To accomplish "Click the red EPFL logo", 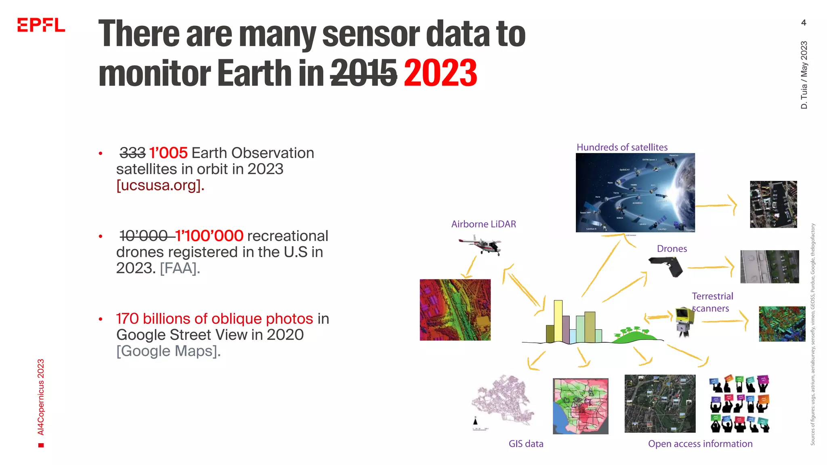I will (41, 25).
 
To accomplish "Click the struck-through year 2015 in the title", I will (363, 73).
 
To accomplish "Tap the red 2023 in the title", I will (440, 73).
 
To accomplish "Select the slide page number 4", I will (804, 23).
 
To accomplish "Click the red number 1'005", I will (168, 153).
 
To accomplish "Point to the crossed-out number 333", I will (132, 153).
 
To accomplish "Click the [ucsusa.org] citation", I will (160, 185).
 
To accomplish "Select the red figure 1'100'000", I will (209, 236).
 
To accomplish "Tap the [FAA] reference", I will (180, 268).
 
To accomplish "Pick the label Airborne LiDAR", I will (483, 224).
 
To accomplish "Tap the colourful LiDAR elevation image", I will (455, 310).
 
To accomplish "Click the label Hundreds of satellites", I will (622, 147).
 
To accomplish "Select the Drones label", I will (672, 249).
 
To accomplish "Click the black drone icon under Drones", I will (666, 266).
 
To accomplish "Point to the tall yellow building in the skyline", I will (558, 321).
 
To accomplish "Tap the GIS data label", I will (526, 444).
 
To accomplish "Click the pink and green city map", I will (580, 406).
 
